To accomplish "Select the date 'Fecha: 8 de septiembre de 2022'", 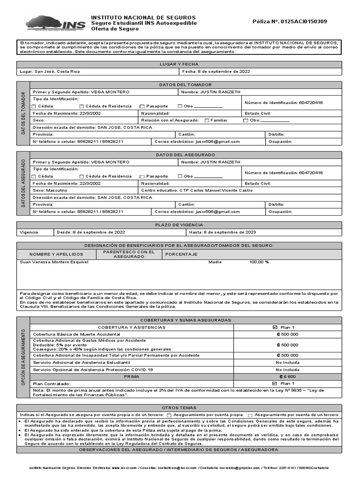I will tap(216, 72).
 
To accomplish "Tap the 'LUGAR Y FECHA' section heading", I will tap(180, 64).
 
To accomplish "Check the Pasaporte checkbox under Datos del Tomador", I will tap(142, 106).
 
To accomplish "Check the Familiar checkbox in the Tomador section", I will tap(207, 120).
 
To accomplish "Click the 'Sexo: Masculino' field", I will tap(50, 190).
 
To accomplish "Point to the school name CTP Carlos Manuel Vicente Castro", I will tap(215, 190).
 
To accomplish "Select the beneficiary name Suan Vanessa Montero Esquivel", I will tap(54, 262).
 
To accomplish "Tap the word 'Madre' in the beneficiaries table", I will tap(215, 262).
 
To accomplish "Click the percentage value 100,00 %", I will tap(259, 262).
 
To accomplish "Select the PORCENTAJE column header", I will tap(181, 254).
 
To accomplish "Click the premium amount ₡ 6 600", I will tap(287, 376).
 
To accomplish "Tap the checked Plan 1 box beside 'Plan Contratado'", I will tap(275, 383).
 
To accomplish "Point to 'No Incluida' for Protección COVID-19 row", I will tap(287, 369).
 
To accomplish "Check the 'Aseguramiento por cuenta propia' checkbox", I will tap(169, 415).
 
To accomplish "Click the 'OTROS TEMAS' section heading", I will tap(179, 408).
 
